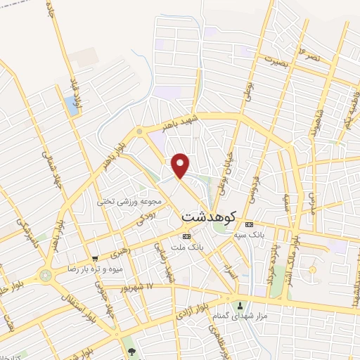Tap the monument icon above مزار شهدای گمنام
point(241,306)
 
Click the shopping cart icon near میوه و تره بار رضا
point(95,259)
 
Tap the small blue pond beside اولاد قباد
point(71,105)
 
